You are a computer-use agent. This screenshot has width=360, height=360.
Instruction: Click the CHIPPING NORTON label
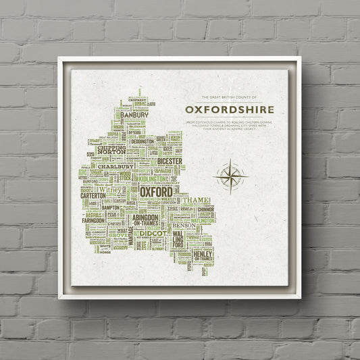[x=111, y=150]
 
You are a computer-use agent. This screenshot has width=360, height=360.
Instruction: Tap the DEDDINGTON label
[x=142, y=143]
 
